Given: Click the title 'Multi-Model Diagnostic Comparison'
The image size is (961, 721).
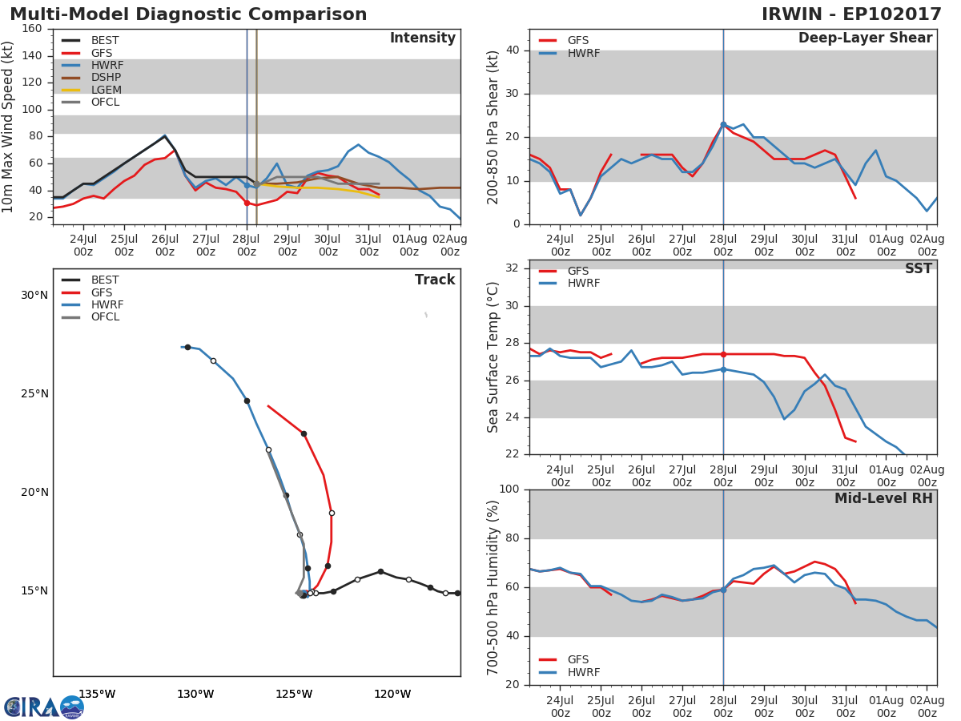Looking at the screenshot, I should [188, 14].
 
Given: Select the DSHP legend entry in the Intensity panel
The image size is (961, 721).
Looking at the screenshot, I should [104, 78].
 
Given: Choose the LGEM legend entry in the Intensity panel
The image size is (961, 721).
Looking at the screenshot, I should [104, 90].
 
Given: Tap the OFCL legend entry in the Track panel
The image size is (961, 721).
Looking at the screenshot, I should [104, 317].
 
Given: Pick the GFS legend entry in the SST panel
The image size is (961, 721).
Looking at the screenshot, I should [577, 272].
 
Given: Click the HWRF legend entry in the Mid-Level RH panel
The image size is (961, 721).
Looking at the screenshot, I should [581, 673].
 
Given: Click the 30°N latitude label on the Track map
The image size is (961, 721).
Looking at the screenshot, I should [34, 296].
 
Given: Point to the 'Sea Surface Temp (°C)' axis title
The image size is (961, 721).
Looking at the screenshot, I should [493, 357].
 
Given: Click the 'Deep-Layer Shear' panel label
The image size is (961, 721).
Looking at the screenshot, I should [865, 38].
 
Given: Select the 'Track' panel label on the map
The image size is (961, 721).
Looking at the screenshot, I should [434, 280].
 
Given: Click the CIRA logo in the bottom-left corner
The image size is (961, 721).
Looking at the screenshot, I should [44, 707].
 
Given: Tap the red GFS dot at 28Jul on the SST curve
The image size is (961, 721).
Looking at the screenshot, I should [723, 354].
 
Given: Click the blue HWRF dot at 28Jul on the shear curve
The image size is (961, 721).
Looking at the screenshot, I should [723, 124].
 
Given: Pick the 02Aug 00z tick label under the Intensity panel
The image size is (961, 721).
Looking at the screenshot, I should [450, 245].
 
